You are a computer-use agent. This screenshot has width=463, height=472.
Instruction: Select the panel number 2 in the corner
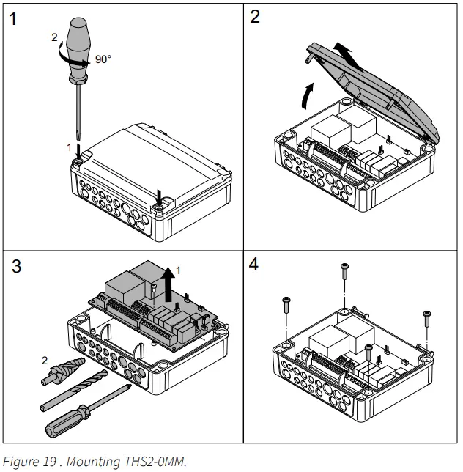(x=254, y=17)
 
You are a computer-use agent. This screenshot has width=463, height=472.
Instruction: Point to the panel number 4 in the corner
(x=254, y=265)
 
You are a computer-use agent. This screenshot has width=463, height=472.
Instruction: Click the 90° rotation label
(x=103, y=59)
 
